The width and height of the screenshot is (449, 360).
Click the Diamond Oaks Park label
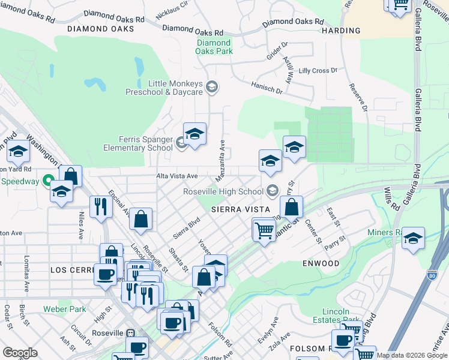pos(214,47)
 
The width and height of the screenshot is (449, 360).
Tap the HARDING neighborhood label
pos(341,31)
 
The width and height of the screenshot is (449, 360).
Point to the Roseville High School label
pos(223,192)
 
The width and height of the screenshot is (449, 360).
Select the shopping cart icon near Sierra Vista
pos(264,230)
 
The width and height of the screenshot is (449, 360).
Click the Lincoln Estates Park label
pos(336,316)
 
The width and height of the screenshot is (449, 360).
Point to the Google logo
pos(20,353)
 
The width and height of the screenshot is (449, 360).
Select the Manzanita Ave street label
pos(221,161)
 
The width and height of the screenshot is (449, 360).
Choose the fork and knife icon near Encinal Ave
pos(101,206)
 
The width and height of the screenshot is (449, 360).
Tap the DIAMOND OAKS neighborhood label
pos(101,28)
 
